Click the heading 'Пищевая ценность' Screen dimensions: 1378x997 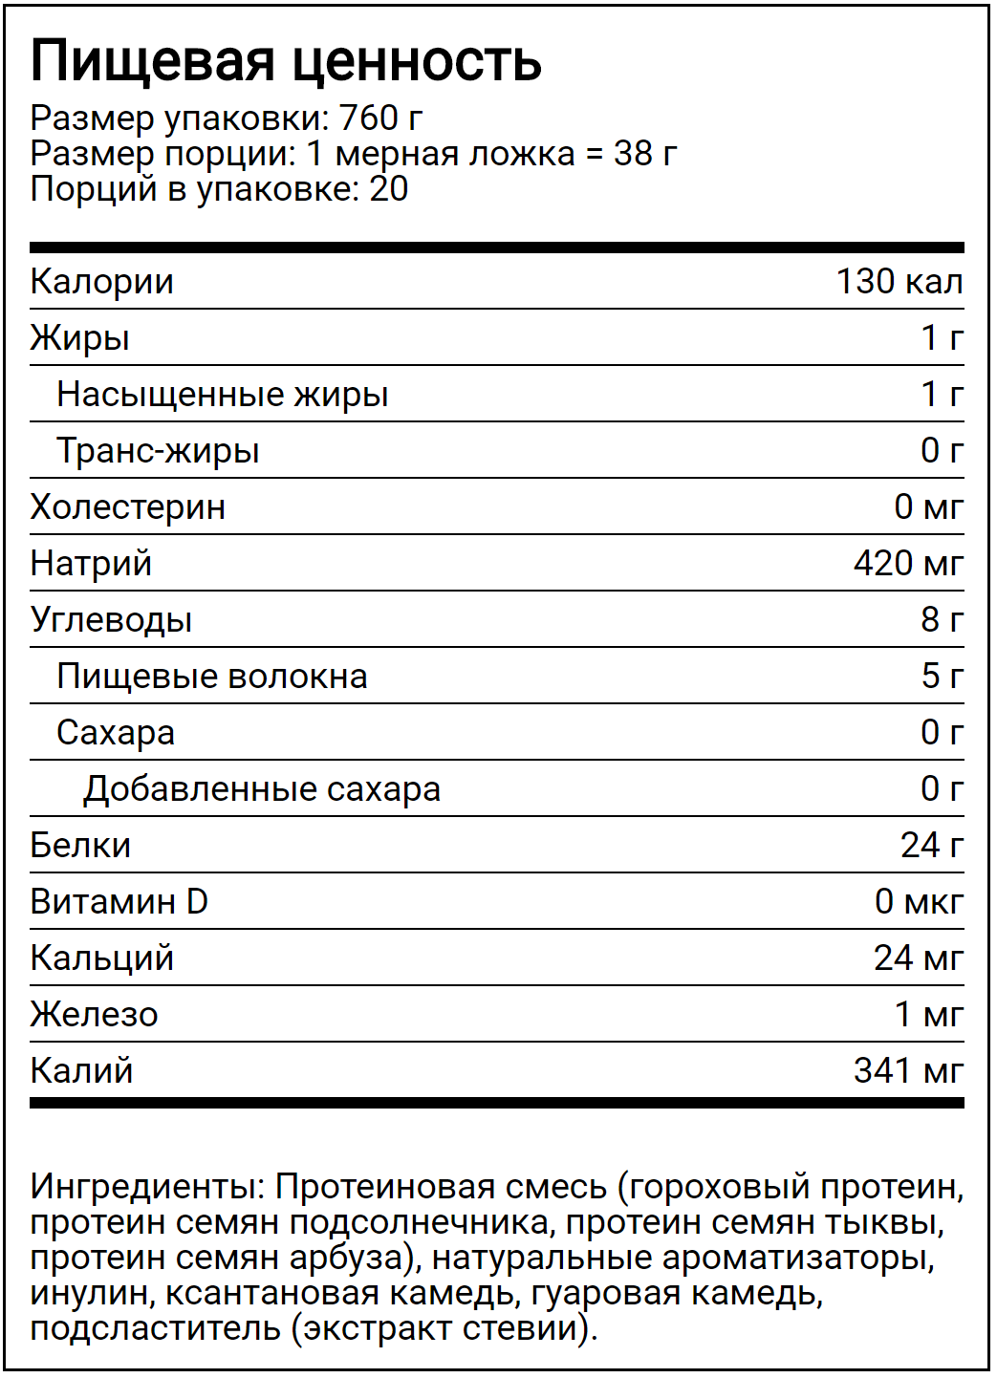[286, 61]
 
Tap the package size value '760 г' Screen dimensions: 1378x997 [380, 118]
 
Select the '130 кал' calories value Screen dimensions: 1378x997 [899, 282]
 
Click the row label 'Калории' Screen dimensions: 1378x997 [101, 282]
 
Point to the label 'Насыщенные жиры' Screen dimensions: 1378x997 [222, 395]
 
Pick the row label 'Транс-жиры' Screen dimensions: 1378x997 [158, 451]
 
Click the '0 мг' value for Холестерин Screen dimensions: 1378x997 [928, 507]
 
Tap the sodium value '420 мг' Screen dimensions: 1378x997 [908, 564]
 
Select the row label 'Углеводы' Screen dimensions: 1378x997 [111, 620]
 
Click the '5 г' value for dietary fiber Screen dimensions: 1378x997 [942, 677]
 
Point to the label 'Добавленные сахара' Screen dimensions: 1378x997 [262, 789]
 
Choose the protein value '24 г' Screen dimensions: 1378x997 [931, 846]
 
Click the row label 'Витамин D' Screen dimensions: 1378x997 [119, 902]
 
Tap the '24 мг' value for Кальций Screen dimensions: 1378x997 [918, 958]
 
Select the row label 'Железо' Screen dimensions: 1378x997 [94, 1015]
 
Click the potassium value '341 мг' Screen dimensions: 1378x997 [908, 1071]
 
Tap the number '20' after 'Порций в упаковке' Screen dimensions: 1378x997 [389, 189]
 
